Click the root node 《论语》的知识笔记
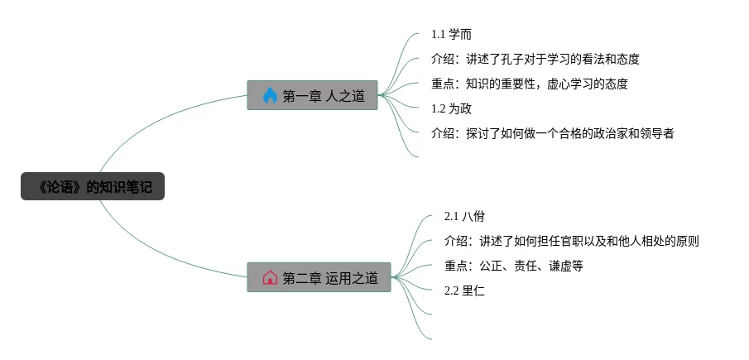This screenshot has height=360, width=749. coord(93,187)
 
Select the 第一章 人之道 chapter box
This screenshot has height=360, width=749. coord(312,95)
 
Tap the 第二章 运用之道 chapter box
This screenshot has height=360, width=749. coord(319,277)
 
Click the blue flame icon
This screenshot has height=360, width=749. coord(269,96)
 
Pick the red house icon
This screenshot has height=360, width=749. coord(270,277)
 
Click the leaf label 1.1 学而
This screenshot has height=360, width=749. coord(451,35)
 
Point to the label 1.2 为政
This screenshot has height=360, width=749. coord(451,108)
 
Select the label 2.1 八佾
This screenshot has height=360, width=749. coord(464,216)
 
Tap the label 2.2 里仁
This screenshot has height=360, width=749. coord(464,290)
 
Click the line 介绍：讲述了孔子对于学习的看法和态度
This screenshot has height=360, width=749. coord(535,60)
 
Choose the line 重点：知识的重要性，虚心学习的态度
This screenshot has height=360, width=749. coord(529,84)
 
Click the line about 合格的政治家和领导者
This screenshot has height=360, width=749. coord(552,132)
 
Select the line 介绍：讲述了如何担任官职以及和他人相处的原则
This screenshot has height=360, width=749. coord(571,241)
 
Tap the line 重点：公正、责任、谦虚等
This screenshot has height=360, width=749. coord(514,266)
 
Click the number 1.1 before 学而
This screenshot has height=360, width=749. coord(439,35)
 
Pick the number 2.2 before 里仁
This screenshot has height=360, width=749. coord(451,290)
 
